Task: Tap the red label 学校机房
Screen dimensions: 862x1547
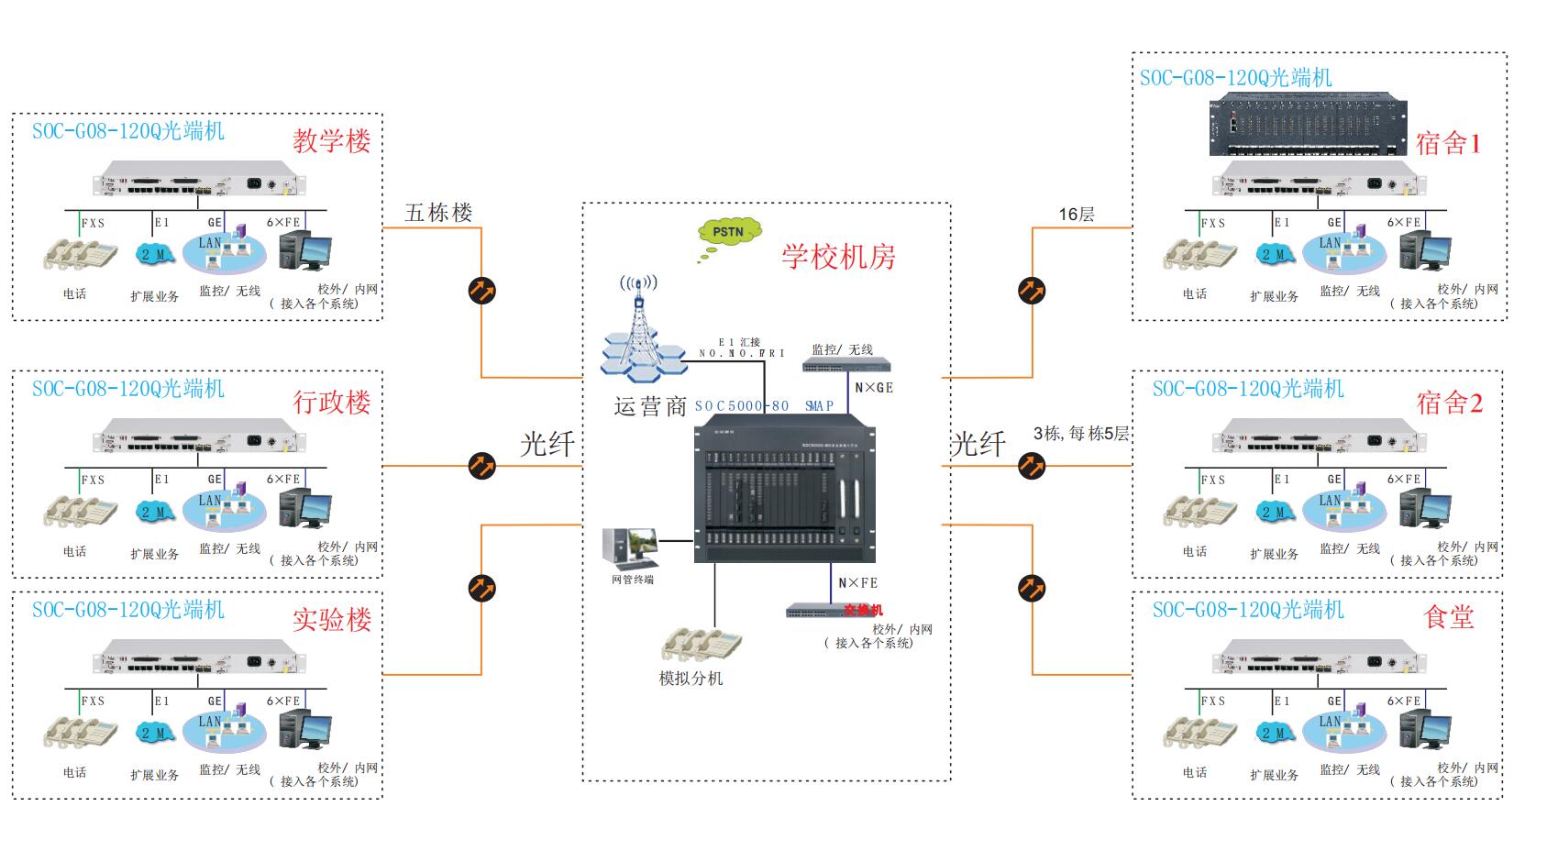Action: click(838, 257)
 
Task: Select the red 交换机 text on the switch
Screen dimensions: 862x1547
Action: click(862, 610)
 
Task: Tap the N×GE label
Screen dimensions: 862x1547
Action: click(873, 388)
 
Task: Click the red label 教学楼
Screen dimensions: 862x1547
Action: click(331, 141)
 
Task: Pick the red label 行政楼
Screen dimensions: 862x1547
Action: click(331, 402)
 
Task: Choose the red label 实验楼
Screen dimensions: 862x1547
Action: click(331, 620)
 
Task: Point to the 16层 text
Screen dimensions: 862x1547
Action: click(1076, 215)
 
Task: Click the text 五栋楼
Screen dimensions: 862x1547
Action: click(438, 213)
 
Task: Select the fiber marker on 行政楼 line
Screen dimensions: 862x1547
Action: click(482, 466)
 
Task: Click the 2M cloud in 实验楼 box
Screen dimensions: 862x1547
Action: click(154, 734)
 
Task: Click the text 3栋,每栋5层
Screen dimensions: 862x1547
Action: click(1081, 434)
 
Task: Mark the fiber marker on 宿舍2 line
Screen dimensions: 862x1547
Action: click(1032, 466)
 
